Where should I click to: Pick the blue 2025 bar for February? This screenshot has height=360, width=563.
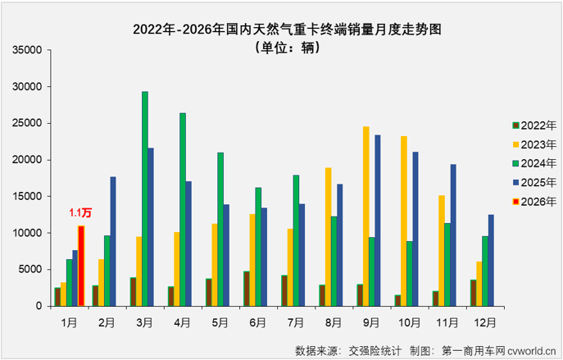[113, 241]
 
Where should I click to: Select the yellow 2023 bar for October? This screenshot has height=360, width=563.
[404, 221]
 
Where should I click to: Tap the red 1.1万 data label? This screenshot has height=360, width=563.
[80, 212]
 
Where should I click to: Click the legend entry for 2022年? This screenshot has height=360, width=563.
[533, 125]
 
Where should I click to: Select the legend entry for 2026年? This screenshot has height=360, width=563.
[533, 200]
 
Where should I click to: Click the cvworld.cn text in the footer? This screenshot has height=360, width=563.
[530, 350]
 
